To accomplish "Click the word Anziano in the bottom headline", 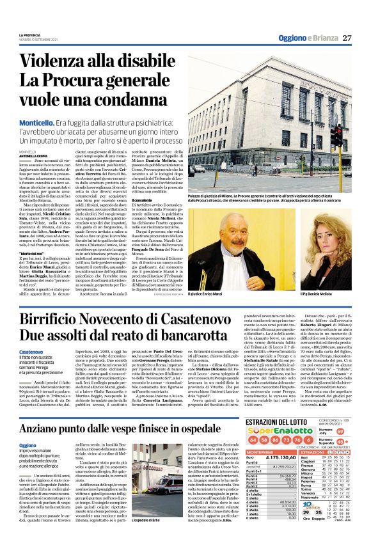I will (48, 429).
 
